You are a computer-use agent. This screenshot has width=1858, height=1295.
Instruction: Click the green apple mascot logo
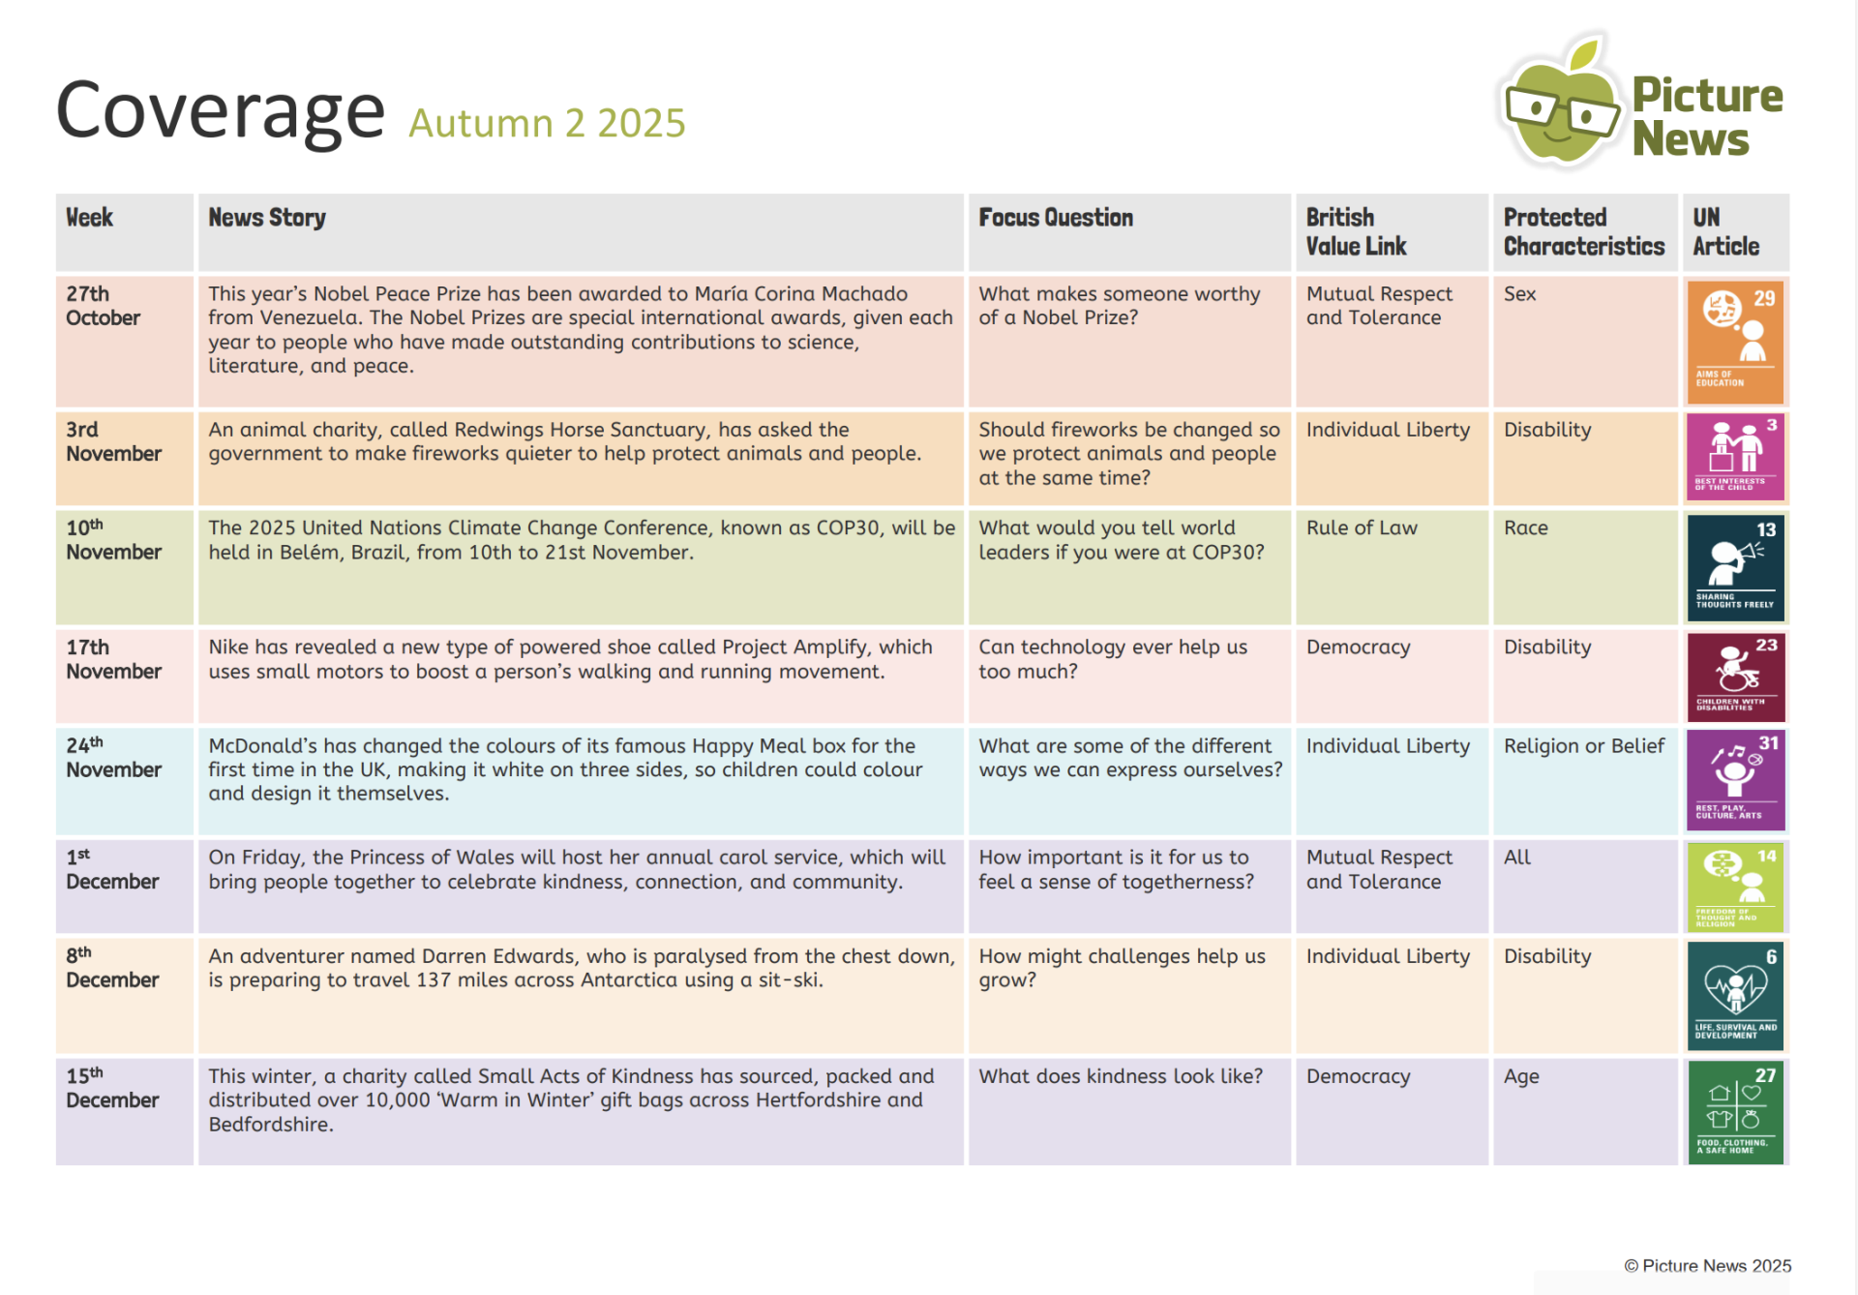point(1561,105)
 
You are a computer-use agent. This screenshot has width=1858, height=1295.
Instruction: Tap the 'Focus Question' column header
point(1055,218)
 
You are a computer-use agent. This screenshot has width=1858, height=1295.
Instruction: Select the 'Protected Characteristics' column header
point(1583,232)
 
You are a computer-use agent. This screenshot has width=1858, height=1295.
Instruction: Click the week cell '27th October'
point(103,306)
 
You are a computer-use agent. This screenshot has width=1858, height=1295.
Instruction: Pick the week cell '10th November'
point(113,540)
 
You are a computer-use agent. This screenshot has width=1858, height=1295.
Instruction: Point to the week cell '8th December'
point(111,968)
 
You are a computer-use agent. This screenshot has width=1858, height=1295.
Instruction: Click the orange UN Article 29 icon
point(1735,342)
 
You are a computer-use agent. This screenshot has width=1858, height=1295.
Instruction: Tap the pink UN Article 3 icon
point(1735,456)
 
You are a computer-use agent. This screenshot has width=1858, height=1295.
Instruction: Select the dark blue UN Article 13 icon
point(1735,567)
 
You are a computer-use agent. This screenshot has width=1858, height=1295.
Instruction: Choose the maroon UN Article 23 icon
point(1735,677)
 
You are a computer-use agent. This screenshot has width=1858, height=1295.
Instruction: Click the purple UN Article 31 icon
point(1735,779)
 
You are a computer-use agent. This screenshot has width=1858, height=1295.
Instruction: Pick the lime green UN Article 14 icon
point(1735,887)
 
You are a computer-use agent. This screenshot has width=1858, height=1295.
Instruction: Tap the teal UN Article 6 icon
point(1735,996)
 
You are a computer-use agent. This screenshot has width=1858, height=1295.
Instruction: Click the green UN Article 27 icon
point(1735,1112)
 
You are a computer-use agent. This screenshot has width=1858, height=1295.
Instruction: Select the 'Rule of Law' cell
point(1362,528)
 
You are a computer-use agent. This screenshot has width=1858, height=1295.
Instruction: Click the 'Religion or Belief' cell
point(1583,746)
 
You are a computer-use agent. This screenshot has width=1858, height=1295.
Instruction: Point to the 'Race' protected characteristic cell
point(1526,528)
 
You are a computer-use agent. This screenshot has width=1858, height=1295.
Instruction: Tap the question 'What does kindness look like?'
point(1120,1076)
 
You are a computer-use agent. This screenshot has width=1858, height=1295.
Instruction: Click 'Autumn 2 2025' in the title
point(547,124)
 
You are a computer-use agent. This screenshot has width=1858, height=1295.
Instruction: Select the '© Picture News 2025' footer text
point(1707,1266)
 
